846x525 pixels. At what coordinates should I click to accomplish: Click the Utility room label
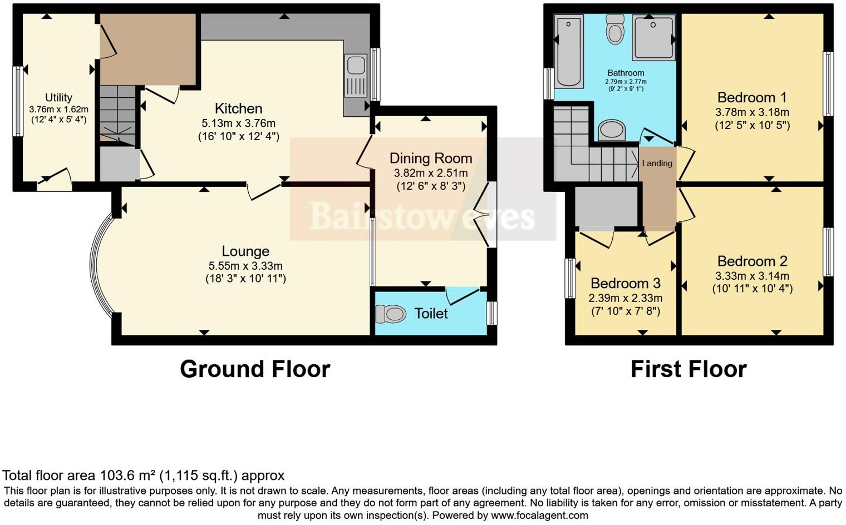coord(58,97)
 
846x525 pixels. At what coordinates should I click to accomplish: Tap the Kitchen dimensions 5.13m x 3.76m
coord(238,123)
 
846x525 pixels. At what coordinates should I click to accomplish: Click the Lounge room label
coord(245,251)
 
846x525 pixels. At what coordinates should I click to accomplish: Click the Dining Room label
coord(430,159)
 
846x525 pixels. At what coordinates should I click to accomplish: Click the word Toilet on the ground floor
coord(431,314)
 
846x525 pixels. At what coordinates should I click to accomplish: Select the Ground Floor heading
coord(255,369)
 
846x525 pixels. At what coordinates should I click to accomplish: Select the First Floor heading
coord(688,369)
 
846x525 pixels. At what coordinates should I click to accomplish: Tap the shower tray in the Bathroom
coord(653,38)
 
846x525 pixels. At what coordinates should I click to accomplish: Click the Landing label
coord(657,164)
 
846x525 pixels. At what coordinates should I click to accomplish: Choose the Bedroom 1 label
coord(752,97)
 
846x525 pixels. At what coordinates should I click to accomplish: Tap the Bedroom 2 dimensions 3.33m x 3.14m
coord(752,276)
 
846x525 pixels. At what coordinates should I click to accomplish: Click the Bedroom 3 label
coord(626,284)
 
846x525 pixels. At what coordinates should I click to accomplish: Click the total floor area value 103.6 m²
coord(128,476)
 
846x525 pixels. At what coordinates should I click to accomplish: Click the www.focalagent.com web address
coord(539,516)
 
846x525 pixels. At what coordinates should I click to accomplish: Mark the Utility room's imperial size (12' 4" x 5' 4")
coord(58,119)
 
